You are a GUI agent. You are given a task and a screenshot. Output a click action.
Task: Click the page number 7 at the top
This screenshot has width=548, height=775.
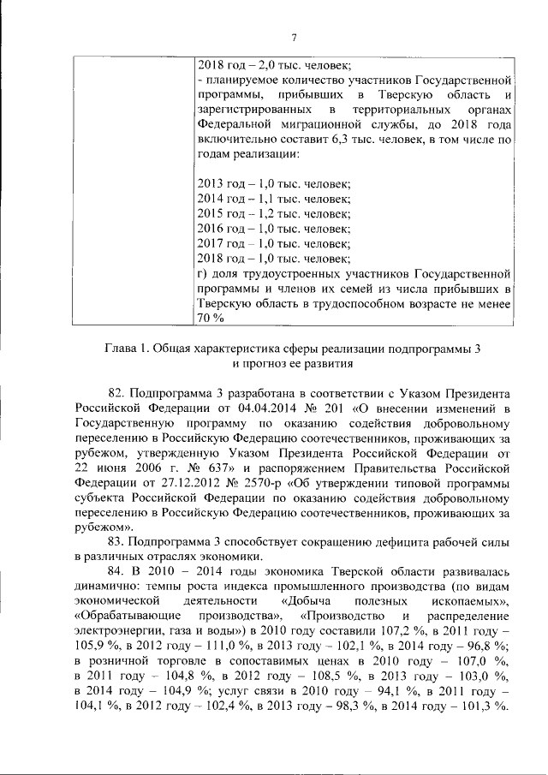(x=293, y=37)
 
